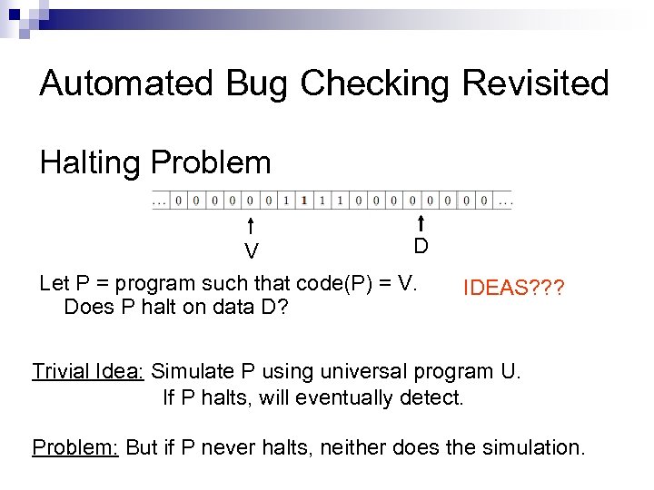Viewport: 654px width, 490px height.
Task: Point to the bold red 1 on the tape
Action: click(x=303, y=200)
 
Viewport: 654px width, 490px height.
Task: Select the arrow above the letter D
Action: click(x=421, y=223)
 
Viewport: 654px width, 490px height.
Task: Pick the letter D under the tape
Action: click(x=421, y=246)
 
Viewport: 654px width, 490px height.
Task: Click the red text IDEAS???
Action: click(x=514, y=289)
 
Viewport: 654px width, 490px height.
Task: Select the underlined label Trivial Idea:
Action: click(x=88, y=371)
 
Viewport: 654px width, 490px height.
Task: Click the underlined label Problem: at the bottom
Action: click(x=75, y=447)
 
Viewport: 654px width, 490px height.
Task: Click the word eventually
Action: click(x=350, y=397)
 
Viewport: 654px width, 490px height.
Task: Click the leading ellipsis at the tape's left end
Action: click(x=160, y=200)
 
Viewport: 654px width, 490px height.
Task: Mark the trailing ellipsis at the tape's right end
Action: click(x=504, y=200)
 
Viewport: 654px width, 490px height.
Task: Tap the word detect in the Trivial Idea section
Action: click(x=435, y=397)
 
